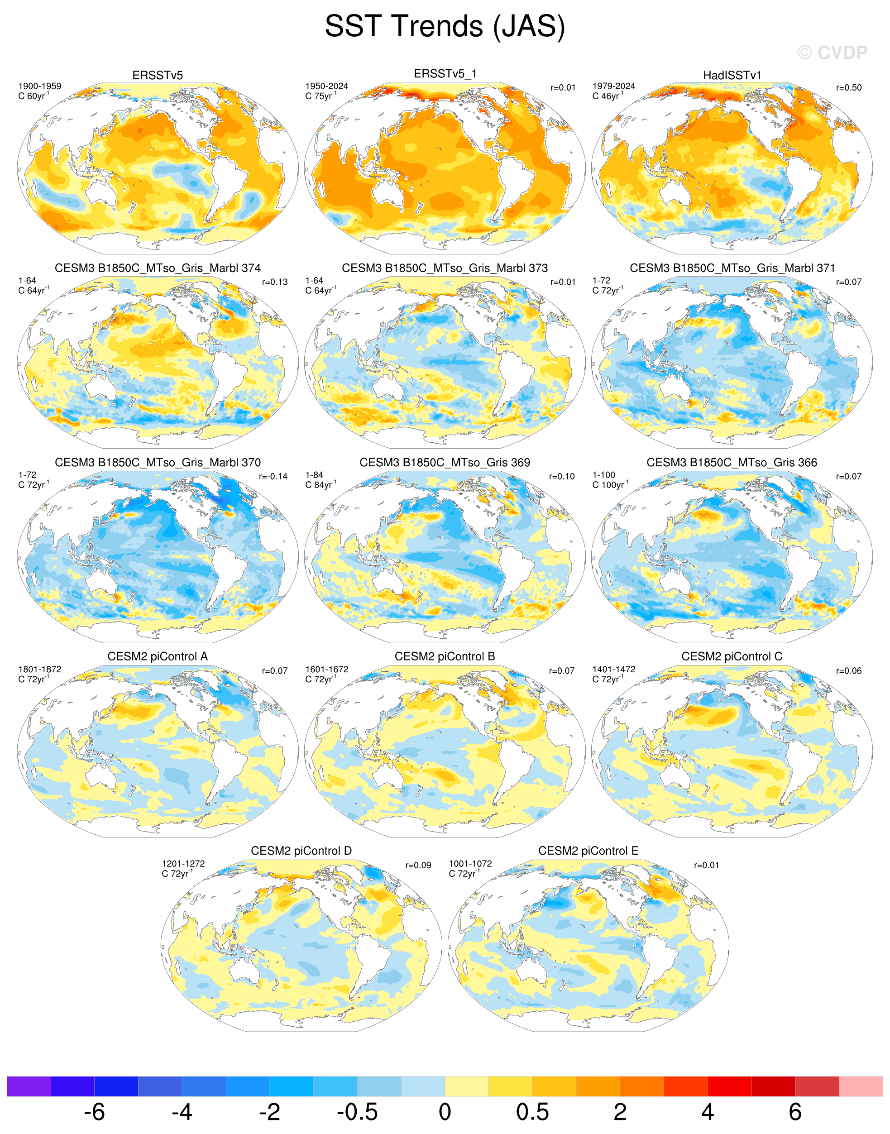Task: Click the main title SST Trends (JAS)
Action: (x=445, y=26)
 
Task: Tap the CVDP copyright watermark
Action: (x=832, y=53)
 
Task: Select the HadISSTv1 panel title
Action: (x=732, y=76)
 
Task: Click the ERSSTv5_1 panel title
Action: (x=445, y=74)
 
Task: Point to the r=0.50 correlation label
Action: (x=849, y=87)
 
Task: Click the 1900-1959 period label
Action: (x=39, y=86)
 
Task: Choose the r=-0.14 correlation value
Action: (x=273, y=476)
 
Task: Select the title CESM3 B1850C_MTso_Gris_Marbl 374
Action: (x=158, y=268)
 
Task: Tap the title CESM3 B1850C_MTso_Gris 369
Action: (x=445, y=462)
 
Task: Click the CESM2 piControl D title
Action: (x=301, y=851)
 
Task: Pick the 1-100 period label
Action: (x=603, y=475)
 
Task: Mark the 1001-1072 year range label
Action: (x=470, y=864)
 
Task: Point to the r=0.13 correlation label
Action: (x=275, y=282)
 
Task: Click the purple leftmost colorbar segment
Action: (x=29, y=1086)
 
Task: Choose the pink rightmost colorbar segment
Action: (x=861, y=1086)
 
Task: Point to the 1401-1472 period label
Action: (x=614, y=669)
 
